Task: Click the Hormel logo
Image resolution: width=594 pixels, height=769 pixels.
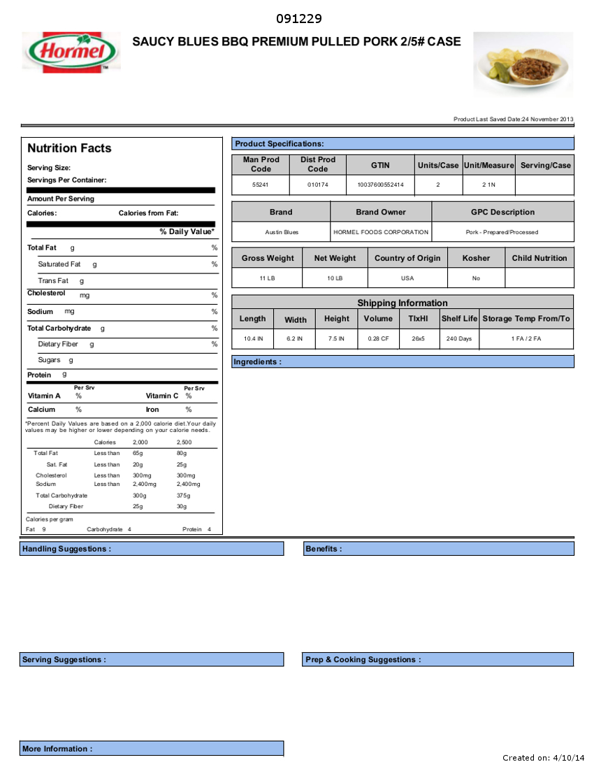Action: coord(71,51)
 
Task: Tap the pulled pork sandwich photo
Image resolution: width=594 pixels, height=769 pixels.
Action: coord(523,65)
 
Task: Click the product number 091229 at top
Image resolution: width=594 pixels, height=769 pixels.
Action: coord(298,19)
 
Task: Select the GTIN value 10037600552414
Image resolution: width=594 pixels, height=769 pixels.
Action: coord(380,185)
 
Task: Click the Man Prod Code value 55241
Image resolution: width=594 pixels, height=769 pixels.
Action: coord(260,185)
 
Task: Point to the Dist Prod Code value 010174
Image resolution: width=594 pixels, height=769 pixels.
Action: coord(317,185)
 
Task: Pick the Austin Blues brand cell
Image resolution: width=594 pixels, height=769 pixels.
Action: coord(282,232)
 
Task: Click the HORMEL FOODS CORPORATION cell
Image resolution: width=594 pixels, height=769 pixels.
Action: coord(381,232)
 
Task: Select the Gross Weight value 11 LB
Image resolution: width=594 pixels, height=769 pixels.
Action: coord(268,278)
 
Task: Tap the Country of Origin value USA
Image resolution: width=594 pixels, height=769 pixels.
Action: coord(407,278)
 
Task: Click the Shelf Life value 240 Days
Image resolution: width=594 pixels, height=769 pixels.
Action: coord(459,338)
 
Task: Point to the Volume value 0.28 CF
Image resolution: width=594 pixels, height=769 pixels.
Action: coord(378,338)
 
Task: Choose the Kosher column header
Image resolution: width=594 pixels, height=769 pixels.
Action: coord(476,258)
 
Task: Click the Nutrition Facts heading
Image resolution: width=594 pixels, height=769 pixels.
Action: coord(69,148)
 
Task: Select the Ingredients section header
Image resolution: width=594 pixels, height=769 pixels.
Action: coord(258,361)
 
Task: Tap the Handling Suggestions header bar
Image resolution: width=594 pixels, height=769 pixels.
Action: coord(66,549)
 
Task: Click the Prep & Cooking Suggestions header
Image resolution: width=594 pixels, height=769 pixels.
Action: coord(363,659)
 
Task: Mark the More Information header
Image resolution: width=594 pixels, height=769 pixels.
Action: coord(57,749)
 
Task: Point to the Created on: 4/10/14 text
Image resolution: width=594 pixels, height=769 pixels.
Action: coord(543,758)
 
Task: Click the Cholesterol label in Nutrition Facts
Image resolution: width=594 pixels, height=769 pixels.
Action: coord(46,294)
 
